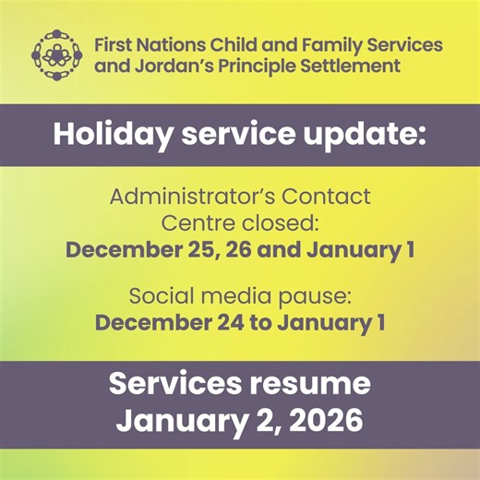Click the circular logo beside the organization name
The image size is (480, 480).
(57, 54)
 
